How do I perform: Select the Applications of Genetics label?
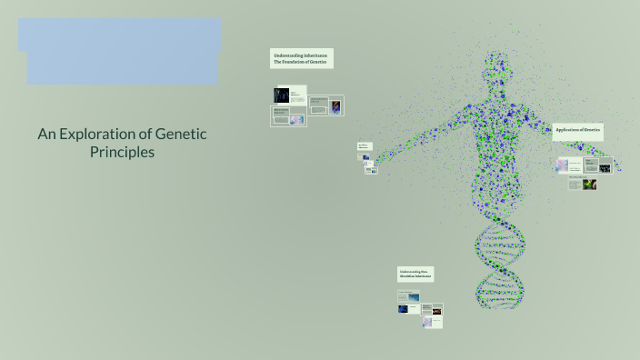(x=578, y=131)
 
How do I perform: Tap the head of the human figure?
(x=497, y=66)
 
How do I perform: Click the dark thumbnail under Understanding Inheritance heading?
(x=281, y=95)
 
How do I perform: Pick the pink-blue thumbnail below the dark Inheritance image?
(x=295, y=116)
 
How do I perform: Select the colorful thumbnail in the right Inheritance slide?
(x=337, y=106)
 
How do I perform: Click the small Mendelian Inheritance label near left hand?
(x=364, y=146)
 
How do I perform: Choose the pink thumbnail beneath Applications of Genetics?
(x=564, y=165)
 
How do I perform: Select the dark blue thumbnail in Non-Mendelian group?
(x=404, y=308)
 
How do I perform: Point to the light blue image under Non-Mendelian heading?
(x=414, y=296)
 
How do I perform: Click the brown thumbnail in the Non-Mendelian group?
(x=436, y=322)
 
